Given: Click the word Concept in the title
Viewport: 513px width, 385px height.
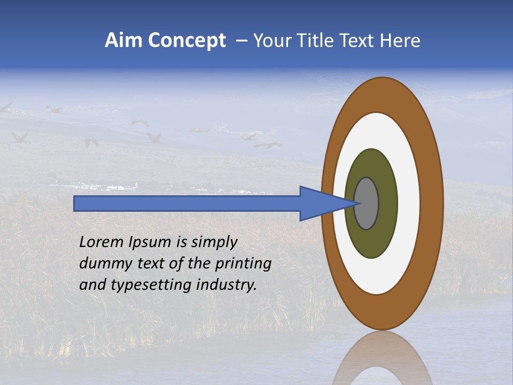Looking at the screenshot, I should point(186,41).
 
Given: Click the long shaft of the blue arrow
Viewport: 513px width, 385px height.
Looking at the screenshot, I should point(187,204).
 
